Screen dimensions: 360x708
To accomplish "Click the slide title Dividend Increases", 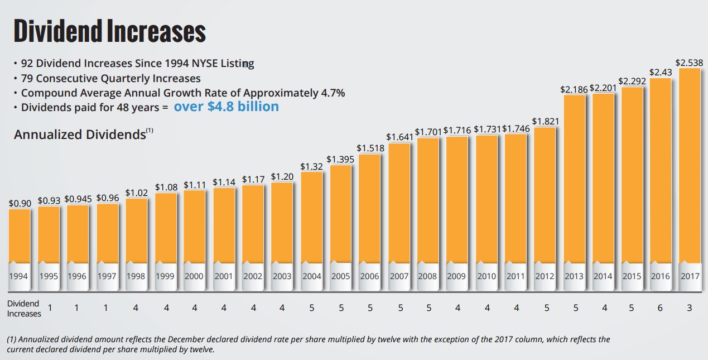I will [110, 32].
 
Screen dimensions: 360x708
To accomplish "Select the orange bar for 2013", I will [574, 179].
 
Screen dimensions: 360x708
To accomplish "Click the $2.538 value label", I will [689, 63].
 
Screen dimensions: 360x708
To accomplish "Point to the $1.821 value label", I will [545, 121].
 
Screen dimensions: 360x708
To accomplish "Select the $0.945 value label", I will [78, 199].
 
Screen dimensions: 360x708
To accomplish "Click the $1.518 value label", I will [370, 148].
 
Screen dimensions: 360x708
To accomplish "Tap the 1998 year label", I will [136, 276].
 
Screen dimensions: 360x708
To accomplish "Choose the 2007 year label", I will [399, 276].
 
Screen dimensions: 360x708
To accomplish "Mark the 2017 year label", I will [690, 276].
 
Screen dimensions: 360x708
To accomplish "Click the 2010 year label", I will [487, 276].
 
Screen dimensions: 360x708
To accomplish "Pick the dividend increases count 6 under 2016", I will [660, 308].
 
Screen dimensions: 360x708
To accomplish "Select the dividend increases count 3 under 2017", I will [690, 308].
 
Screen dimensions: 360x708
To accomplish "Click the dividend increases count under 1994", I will [50, 308].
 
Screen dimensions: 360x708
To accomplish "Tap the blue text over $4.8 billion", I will [226, 106].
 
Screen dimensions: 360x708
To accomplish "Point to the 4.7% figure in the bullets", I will [333, 93].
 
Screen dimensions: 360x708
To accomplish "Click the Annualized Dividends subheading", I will [80, 135].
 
